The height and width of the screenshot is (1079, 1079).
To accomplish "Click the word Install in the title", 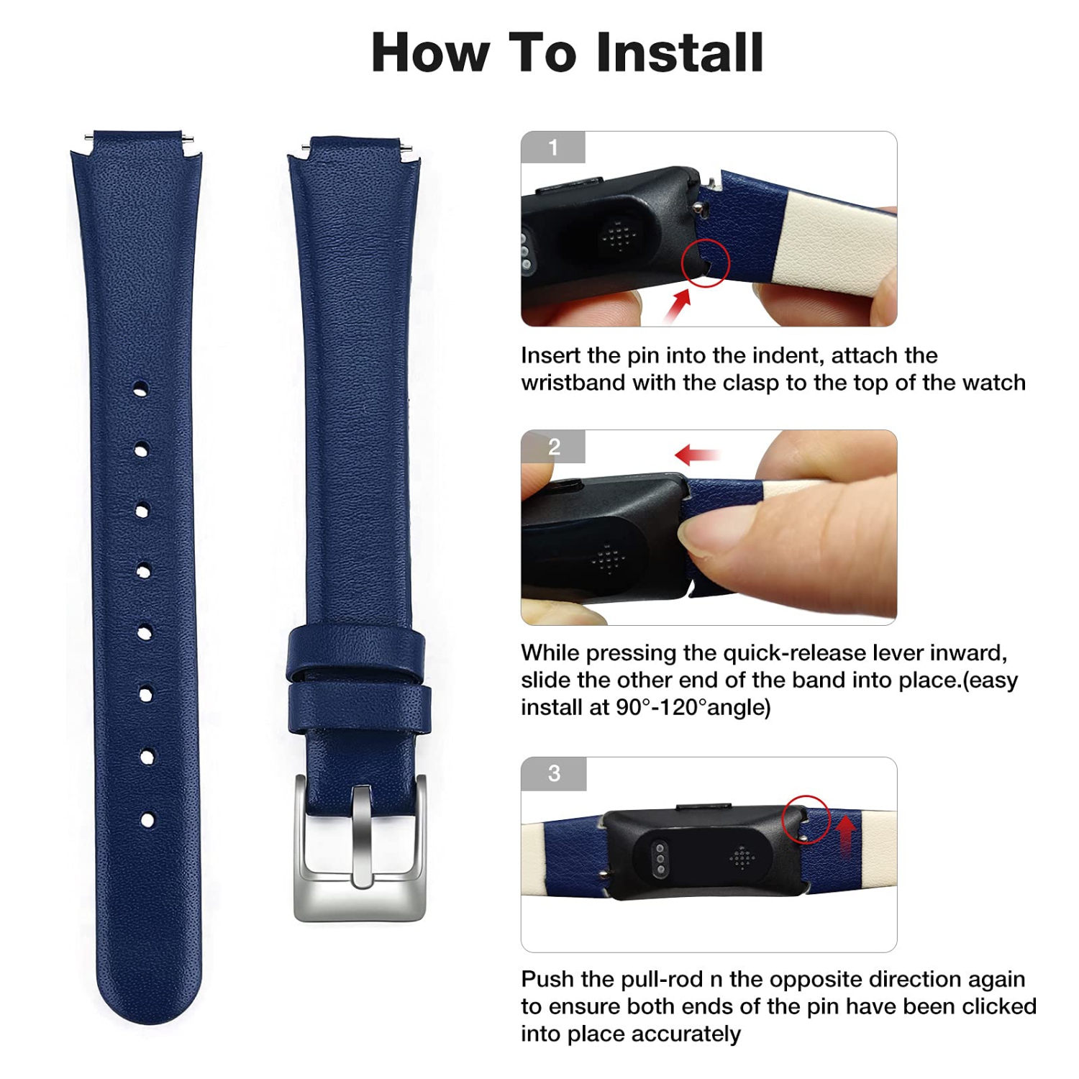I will pyautogui.click(x=679, y=53).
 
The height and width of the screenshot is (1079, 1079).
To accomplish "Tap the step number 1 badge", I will pyautogui.click(x=552, y=147).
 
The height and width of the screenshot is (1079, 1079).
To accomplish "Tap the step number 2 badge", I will pyautogui.click(x=553, y=447).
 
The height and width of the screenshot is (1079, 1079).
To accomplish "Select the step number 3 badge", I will pyautogui.click(x=553, y=773).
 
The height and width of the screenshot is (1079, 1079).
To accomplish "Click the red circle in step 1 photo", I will pyautogui.click(x=705, y=263).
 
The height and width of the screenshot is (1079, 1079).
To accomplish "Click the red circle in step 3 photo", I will pyautogui.click(x=806, y=819).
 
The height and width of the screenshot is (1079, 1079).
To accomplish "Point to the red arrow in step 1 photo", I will pyautogui.click(x=677, y=306).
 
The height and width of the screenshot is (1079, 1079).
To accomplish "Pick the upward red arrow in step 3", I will pyautogui.click(x=846, y=834).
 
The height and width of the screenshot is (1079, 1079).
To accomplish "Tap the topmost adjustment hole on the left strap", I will pyautogui.click(x=140, y=389).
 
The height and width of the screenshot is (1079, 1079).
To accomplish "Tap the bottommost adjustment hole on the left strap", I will pyautogui.click(x=147, y=819).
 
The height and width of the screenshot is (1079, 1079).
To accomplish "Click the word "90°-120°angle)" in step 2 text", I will pyautogui.click(x=693, y=707).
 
